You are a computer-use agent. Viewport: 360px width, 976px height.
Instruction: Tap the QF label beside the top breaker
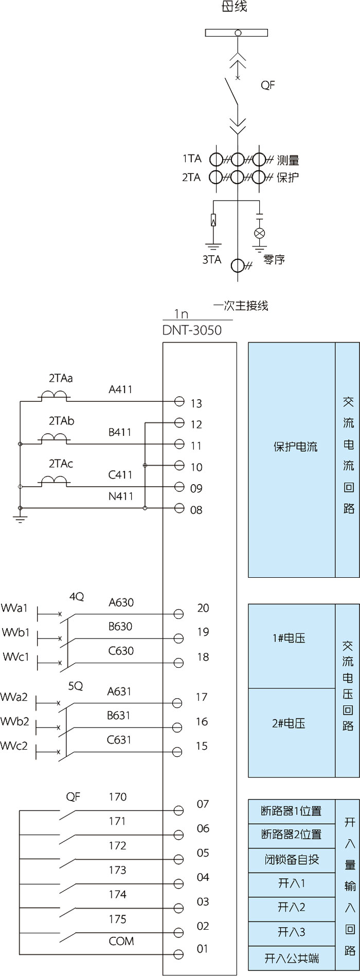[x=267, y=85]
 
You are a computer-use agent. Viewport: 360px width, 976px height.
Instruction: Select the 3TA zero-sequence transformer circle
[x=238, y=265]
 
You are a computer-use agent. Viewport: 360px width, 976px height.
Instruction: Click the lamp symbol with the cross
[x=260, y=233]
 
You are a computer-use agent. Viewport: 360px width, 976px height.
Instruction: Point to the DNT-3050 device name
[x=192, y=330]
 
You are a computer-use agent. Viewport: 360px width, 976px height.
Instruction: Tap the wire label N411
[x=121, y=496]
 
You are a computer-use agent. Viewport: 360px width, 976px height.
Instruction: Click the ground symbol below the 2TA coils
[x=20, y=520]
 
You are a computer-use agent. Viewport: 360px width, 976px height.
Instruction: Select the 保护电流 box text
[x=295, y=447]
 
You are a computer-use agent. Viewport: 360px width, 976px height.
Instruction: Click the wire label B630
[x=120, y=627]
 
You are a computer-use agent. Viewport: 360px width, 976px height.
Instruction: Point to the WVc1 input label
[x=16, y=657]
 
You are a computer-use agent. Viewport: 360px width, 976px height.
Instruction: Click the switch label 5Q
[x=76, y=686]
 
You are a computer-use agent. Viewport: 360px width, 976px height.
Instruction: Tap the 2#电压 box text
[x=289, y=723]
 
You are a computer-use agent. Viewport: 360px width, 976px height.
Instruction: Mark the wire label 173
[x=117, y=870]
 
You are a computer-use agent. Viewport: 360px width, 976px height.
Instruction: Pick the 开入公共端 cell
[x=292, y=958]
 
